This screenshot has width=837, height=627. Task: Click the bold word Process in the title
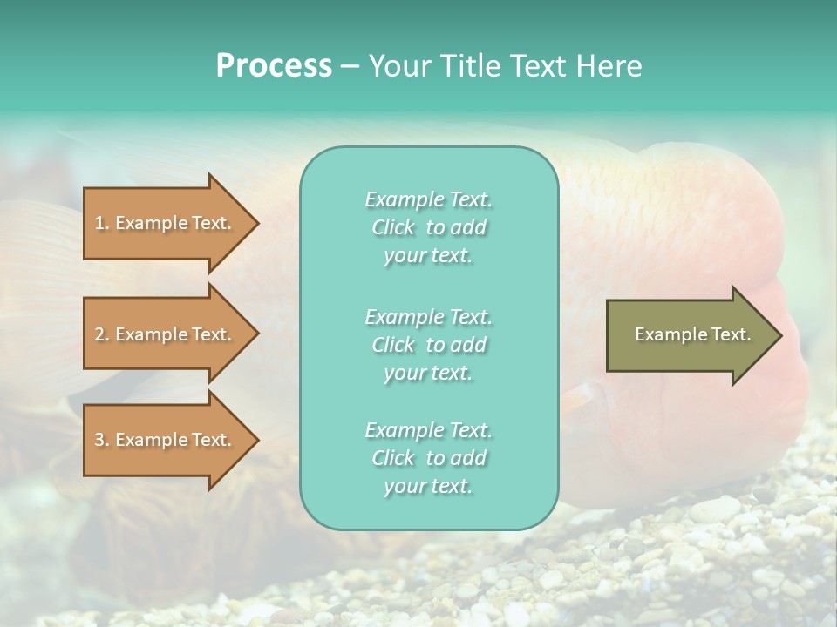[x=274, y=66]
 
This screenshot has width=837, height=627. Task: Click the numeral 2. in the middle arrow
[x=102, y=334]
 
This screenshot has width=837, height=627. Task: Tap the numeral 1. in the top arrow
[x=102, y=223]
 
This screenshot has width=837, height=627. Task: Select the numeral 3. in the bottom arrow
[x=102, y=440]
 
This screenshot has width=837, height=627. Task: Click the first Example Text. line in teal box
[x=428, y=199]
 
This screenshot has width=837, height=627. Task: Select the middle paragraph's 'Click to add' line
[x=428, y=345]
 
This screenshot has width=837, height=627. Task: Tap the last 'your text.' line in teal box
[x=428, y=487]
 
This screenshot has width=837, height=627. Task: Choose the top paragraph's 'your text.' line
[x=428, y=256]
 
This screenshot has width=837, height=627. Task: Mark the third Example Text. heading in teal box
[x=428, y=430]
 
